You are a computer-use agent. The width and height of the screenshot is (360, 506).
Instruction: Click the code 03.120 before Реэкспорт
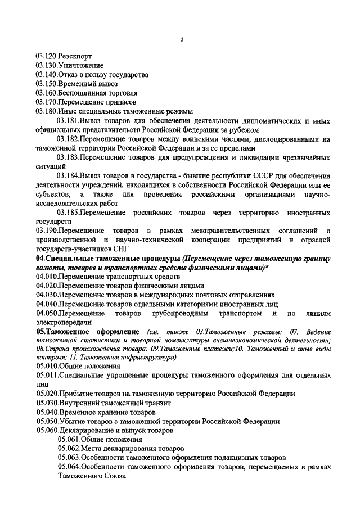point(47,57)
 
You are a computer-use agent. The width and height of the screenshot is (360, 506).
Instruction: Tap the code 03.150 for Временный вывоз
point(47,84)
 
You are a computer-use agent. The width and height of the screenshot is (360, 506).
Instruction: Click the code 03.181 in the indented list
point(68,120)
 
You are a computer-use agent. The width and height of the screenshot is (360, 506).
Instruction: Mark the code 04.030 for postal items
point(47,294)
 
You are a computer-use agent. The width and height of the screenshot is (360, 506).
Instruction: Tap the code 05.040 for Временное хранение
point(47,412)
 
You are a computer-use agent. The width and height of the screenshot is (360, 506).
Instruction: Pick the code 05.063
point(68,458)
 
